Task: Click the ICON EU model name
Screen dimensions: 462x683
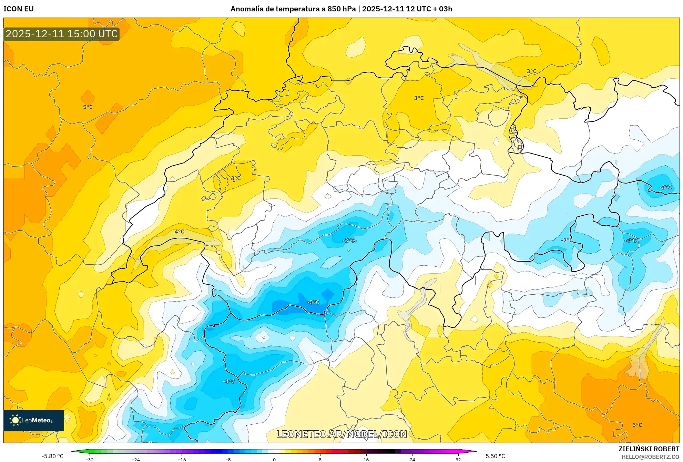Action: pos(19,9)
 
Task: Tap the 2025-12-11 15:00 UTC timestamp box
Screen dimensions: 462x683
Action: pos(62,34)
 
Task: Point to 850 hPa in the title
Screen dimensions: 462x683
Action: pos(341,9)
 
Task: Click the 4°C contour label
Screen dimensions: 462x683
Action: pos(179,232)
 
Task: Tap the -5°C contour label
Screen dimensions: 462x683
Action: pos(313,302)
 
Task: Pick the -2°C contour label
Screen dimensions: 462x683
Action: pos(567,240)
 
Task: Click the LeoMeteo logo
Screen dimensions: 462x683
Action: pos(34,420)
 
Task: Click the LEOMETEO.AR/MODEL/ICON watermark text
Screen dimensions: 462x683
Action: pos(341,434)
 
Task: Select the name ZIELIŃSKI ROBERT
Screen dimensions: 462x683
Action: pos(649,449)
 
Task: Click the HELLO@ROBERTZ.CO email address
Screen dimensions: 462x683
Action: pos(650,457)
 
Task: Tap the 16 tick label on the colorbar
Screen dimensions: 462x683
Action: pos(366,459)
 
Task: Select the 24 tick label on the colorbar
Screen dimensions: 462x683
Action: pos(412,459)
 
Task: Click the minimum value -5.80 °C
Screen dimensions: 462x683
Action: pos(53,456)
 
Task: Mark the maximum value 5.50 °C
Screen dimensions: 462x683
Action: pos(495,456)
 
